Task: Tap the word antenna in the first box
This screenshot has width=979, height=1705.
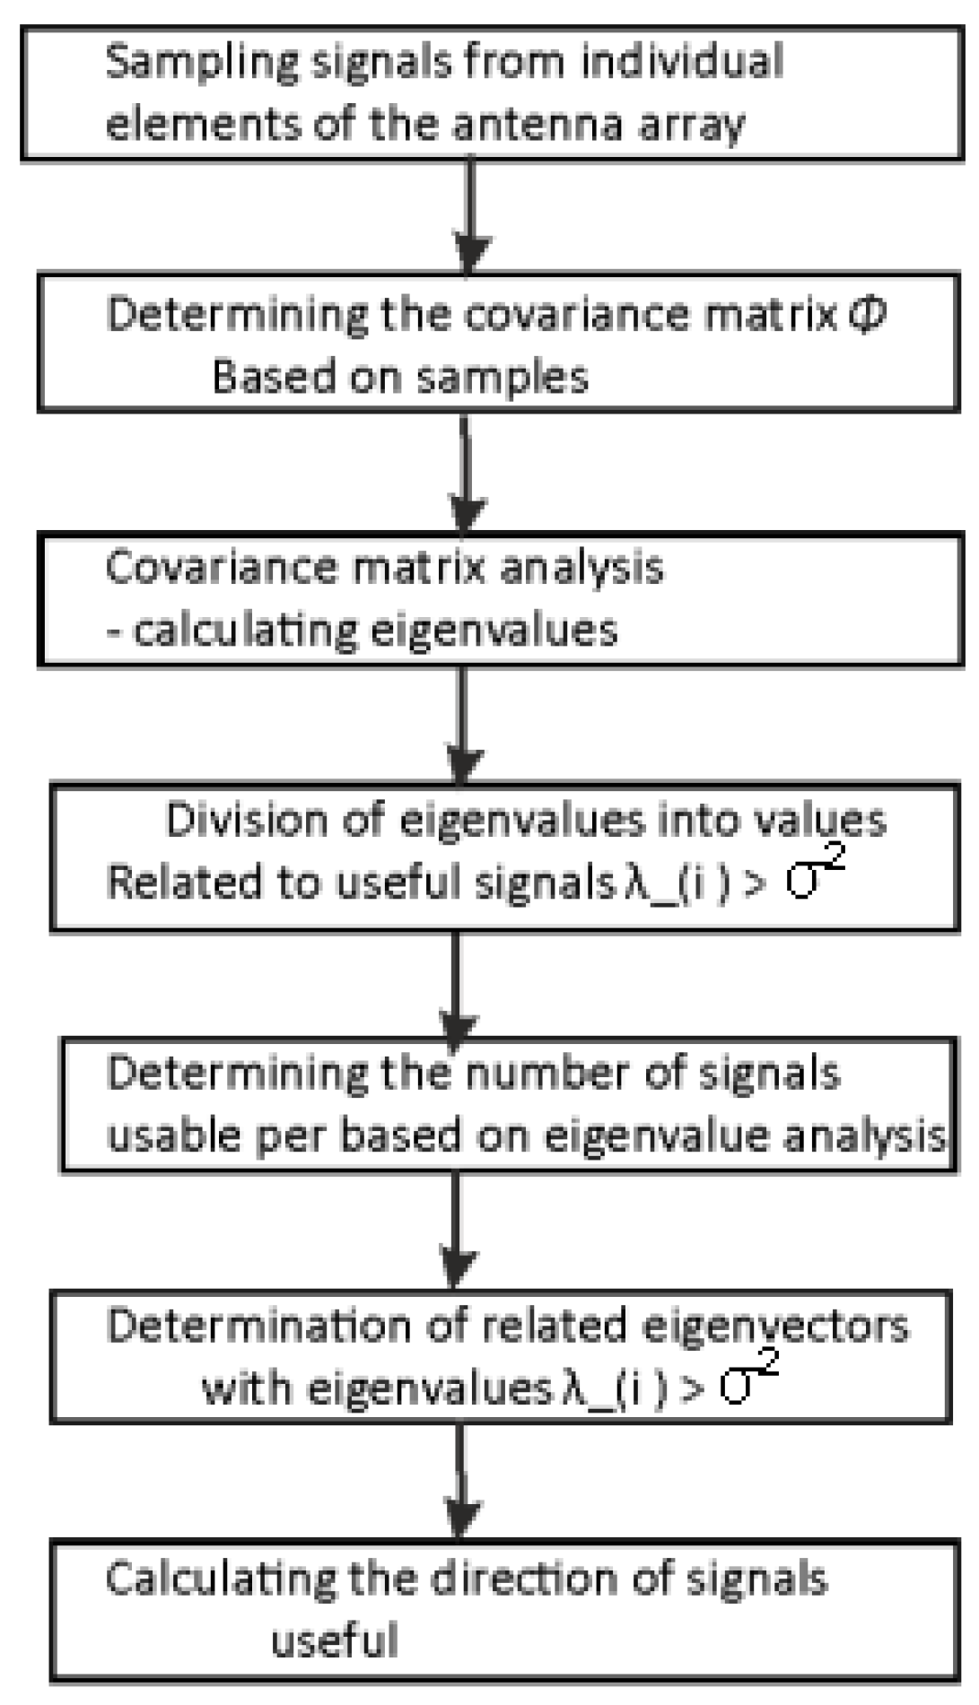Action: coord(537,124)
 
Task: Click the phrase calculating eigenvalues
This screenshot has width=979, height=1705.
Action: coord(374,631)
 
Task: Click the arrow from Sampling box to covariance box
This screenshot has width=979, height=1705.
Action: coord(471,215)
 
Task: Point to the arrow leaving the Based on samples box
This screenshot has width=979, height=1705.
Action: coord(465,472)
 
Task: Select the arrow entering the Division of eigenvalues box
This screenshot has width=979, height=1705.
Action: coord(462,726)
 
